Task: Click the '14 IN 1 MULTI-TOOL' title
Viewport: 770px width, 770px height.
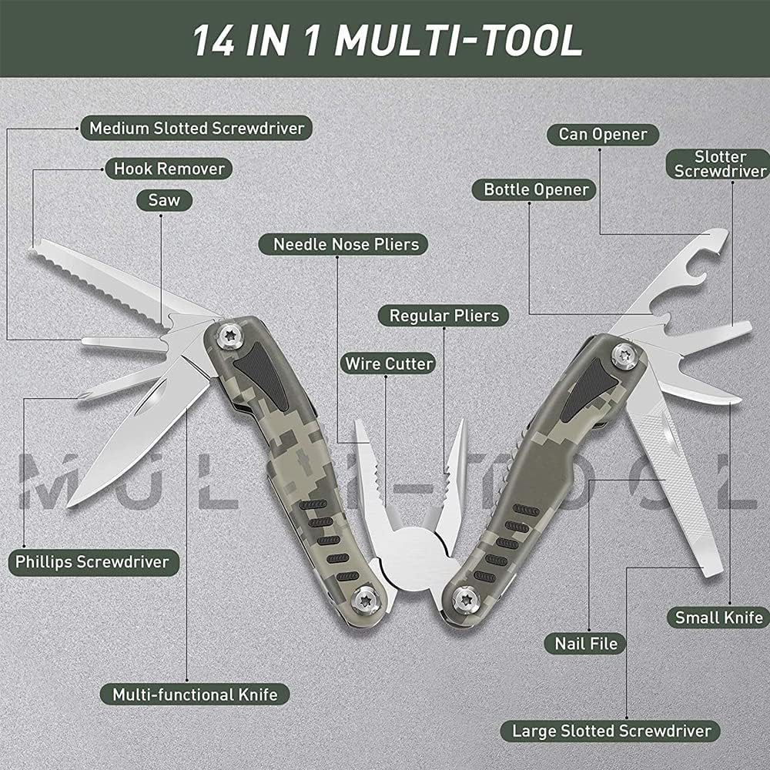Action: [x=387, y=40]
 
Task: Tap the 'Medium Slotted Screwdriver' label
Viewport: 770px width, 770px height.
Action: [x=197, y=128]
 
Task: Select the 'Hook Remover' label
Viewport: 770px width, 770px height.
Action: [x=169, y=169]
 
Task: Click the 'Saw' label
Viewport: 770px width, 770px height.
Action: [x=164, y=200]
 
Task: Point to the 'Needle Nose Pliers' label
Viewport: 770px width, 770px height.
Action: [x=346, y=245]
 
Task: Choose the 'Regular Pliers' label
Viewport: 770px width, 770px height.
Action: [x=444, y=315]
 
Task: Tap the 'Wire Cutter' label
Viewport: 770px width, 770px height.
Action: [x=389, y=363]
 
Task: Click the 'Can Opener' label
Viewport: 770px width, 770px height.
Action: [x=603, y=134]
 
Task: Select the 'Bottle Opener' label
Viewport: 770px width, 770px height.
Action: [x=536, y=189]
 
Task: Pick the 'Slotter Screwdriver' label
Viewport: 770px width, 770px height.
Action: [x=720, y=164]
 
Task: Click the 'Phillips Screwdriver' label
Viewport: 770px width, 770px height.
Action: [x=92, y=561]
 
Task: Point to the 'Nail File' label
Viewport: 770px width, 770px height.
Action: [x=586, y=642]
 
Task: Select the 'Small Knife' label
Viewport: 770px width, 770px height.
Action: [x=718, y=617]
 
